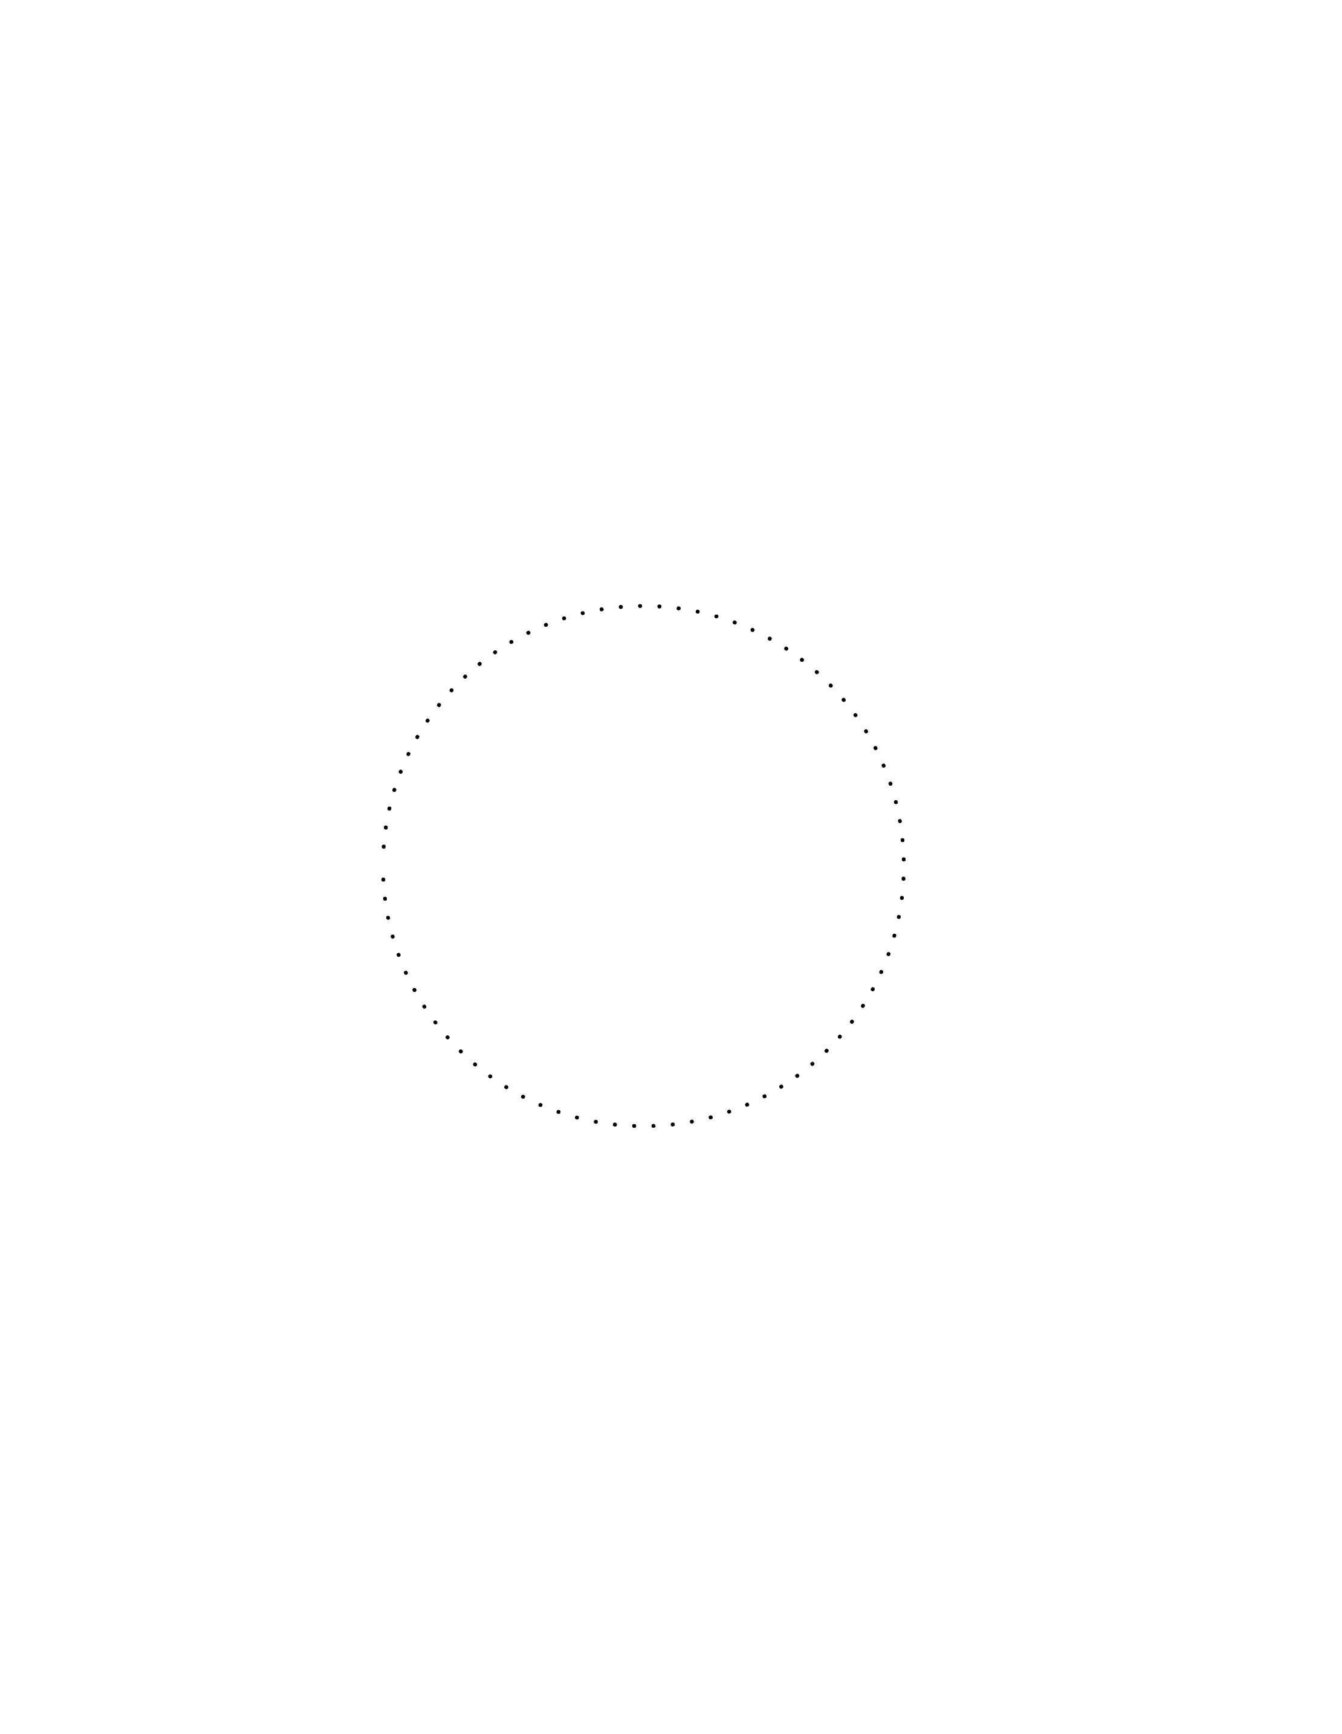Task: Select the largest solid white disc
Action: click(172, 865)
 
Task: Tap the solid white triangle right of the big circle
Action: click(1048, 865)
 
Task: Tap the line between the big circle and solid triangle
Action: click(906, 865)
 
